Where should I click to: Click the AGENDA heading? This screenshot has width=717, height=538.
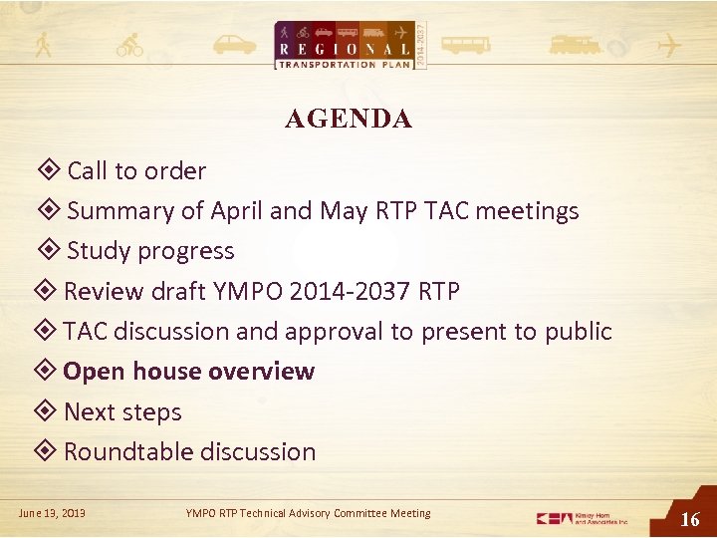[x=348, y=120]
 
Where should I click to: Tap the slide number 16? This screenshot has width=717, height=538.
[x=689, y=518]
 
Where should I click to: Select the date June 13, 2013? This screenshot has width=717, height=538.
[x=52, y=513]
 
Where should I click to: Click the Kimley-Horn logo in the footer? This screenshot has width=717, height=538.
[x=583, y=518]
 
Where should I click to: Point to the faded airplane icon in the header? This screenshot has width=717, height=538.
[x=668, y=46]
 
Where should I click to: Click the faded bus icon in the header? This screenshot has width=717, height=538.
[x=465, y=46]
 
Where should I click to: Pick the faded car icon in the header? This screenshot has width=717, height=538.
[x=235, y=46]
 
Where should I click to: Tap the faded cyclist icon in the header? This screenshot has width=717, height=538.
[x=129, y=46]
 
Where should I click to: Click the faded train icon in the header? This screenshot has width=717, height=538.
[x=575, y=46]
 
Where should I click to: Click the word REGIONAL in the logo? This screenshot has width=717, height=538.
[x=344, y=49]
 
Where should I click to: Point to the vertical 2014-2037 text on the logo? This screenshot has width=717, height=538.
[x=419, y=45]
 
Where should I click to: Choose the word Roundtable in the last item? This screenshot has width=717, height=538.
[x=123, y=452]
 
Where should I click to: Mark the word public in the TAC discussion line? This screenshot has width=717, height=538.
[x=578, y=332]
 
